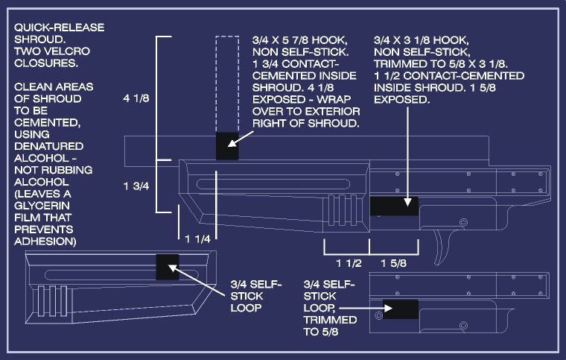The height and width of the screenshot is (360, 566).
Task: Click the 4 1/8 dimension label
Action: (x=136, y=98)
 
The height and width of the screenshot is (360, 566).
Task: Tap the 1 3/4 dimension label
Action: (x=136, y=186)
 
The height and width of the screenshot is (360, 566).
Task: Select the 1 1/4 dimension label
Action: (x=198, y=239)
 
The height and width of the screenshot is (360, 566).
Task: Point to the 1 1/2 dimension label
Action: (x=349, y=263)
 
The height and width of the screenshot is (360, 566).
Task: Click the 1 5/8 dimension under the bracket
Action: (x=394, y=263)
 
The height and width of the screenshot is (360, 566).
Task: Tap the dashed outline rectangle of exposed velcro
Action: (x=227, y=84)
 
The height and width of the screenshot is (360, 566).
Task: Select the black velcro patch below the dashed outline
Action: (x=227, y=146)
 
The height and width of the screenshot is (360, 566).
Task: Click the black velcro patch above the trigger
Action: (x=394, y=206)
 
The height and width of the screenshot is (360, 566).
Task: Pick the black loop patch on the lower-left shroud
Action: (x=168, y=267)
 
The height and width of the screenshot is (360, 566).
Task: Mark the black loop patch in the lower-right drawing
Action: (x=401, y=309)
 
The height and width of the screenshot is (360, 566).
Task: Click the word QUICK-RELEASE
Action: (x=59, y=28)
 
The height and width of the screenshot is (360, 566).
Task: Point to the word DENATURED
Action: (x=49, y=146)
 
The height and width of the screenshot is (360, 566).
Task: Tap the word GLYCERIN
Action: (x=42, y=206)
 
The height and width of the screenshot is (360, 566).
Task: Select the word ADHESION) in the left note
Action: (x=45, y=241)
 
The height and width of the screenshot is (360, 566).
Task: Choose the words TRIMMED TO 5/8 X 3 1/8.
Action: (x=441, y=64)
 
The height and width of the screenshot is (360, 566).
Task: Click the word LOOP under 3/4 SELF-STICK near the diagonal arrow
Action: (x=246, y=308)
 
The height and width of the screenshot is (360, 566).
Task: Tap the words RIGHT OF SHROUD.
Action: (x=306, y=124)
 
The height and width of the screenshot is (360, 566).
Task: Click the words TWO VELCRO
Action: (x=52, y=51)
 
